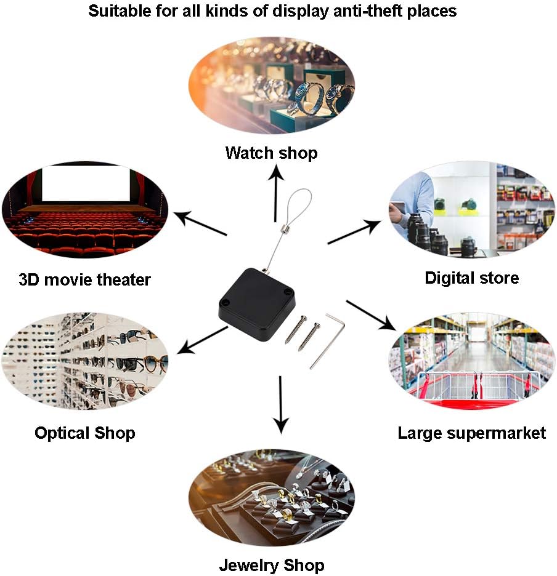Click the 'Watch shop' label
(272, 153)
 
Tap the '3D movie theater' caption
(84, 279)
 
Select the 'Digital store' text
(471, 278)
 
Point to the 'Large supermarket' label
(471, 433)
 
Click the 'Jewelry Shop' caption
(272, 565)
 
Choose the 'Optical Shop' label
(84, 433)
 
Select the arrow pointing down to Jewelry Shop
(281, 405)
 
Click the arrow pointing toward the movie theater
(200, 223)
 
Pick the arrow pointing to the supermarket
(371, 315)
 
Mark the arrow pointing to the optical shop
(202, 340)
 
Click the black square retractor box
(257, 305)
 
